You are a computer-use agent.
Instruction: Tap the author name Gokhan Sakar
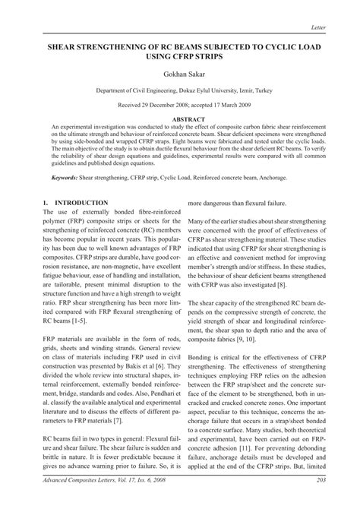point(180,74)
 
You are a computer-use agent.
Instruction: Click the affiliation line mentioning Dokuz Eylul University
point(180,90)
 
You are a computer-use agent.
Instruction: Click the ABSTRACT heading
point(180,119)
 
